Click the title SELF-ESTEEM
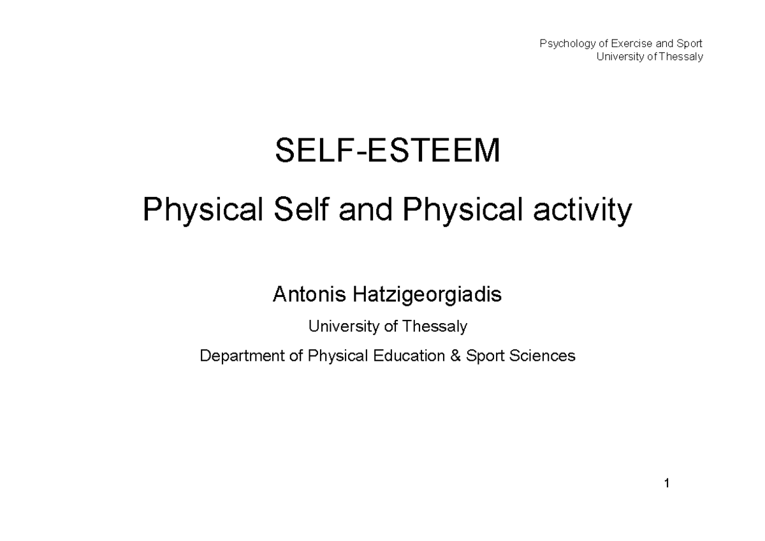tap(388, 152)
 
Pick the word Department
tap(242, 356)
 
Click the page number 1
tap(666, 484)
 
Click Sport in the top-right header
tap(689, 44)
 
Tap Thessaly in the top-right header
tap(681, 57)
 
